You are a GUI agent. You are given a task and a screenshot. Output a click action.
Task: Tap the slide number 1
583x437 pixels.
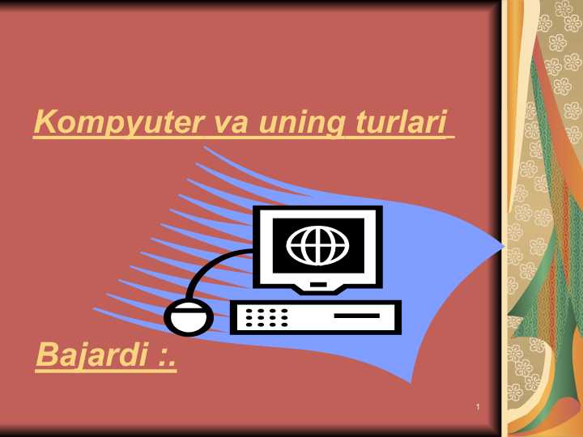tap(479, 405)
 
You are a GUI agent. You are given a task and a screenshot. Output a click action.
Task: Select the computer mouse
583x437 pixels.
tap(189, 316)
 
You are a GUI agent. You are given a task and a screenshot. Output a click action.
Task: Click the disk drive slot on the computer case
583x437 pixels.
tap(356, 315)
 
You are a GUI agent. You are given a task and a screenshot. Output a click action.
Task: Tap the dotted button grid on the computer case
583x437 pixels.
tap(266, 317)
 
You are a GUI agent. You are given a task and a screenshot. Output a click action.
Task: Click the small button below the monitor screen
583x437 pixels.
tap(318, 284)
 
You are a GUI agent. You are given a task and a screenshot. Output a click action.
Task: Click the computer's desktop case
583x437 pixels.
tap(316, 316)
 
